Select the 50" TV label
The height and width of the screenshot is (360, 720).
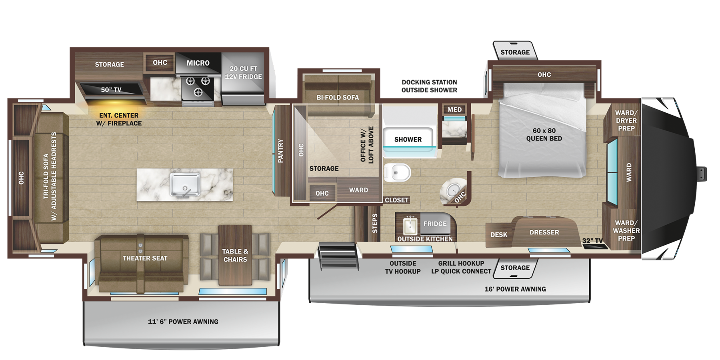pyautogui.click(x=111, y=90)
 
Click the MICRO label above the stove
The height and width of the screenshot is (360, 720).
pyautogui.click(x=198, y=63)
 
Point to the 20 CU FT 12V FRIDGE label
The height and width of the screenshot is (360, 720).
pyautogui.click(x=243, y=73)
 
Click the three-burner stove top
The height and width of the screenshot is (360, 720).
pyautogui.click(x=198, y=87)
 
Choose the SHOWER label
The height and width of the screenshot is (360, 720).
pyautogui.click(x=408, y=140)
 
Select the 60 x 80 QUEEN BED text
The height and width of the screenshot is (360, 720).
pyautogui.click(x=544, y=134)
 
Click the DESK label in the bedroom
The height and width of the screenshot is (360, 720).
pyautogui.click(x=498, y=235)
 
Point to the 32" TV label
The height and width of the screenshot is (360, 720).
pyautogui.click(x=592, y=241)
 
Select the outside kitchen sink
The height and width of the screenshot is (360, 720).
pyautogui.click(x=410, y=225)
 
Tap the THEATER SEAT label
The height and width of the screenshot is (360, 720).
pyautogui.click(x=145, y=258)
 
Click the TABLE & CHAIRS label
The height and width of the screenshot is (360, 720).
pyautogui.click(x=235, y=256)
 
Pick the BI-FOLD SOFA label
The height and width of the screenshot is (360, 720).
pyautogui.click(x=338, y=98)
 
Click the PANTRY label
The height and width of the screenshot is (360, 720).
pyautogui.click(x=280, y=151)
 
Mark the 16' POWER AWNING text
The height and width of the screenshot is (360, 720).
pyautogui.click(x=515, y=289)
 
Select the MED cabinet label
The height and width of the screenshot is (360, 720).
pyautogui.click(x=454, y=110)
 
